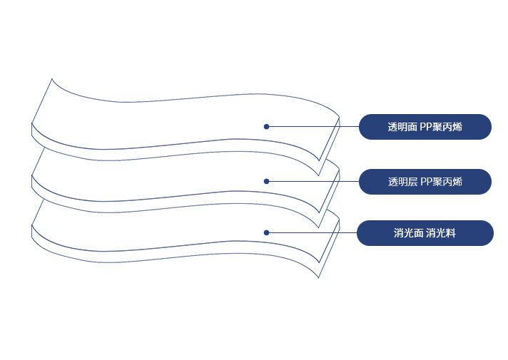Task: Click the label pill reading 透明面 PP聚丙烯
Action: pos(425,127)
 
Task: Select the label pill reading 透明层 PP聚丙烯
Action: pos(425,182)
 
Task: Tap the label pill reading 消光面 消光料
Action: pos(425,233)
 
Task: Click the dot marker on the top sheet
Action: pos(266,127)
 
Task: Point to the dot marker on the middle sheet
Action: pos(266,181)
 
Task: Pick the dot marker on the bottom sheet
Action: pos(266,232)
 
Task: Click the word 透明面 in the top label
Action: pos(402,127)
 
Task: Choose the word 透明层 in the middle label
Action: pos(402,182)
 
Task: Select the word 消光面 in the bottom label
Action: pos(409,233)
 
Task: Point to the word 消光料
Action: pos(441,233)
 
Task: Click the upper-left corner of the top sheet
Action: pos(52,79)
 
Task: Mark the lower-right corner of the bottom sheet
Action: pos(318,277)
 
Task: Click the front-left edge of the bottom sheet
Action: pos(32,232)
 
